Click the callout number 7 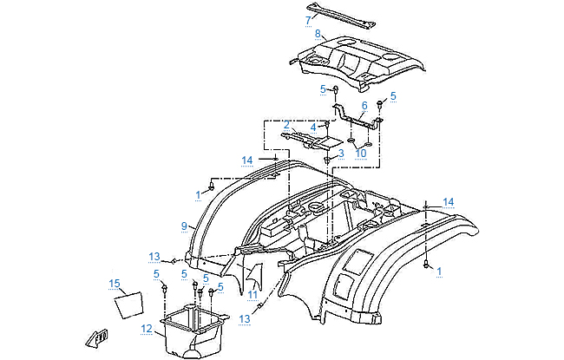click(x=307, y=18)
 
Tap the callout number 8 click(x=318, y=33)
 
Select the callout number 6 click(x=364, y=105)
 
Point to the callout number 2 click(x=285, y=125)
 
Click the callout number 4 click(x=313, y=127)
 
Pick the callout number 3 click(x=341, y=153)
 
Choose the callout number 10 click(x=361, y=153)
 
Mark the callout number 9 click(x=184, y=226)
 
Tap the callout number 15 click(x=114, y=284)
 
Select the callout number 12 click(x=147, y=327)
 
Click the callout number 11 click(x=252, y=295)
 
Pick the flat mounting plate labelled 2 click(x=313, y=137)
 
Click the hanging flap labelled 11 click(x=252, y=276)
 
